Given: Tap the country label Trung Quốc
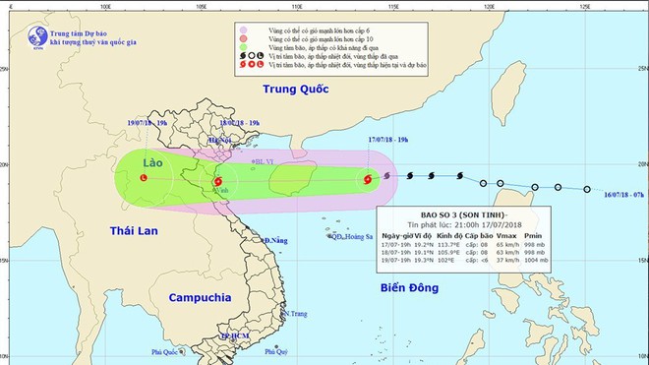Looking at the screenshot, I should click(293, 95).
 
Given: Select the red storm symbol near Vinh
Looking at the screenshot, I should click(217, 181).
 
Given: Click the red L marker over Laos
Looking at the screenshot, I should click(145, 177).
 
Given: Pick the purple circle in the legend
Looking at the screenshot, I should click(243, 33).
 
